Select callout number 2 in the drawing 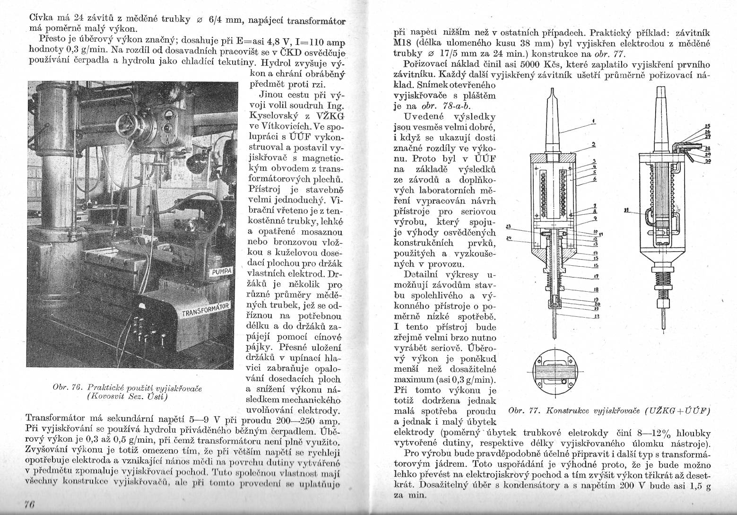point(592,143)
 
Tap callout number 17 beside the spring point(596,277)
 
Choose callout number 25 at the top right point(707,126)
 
